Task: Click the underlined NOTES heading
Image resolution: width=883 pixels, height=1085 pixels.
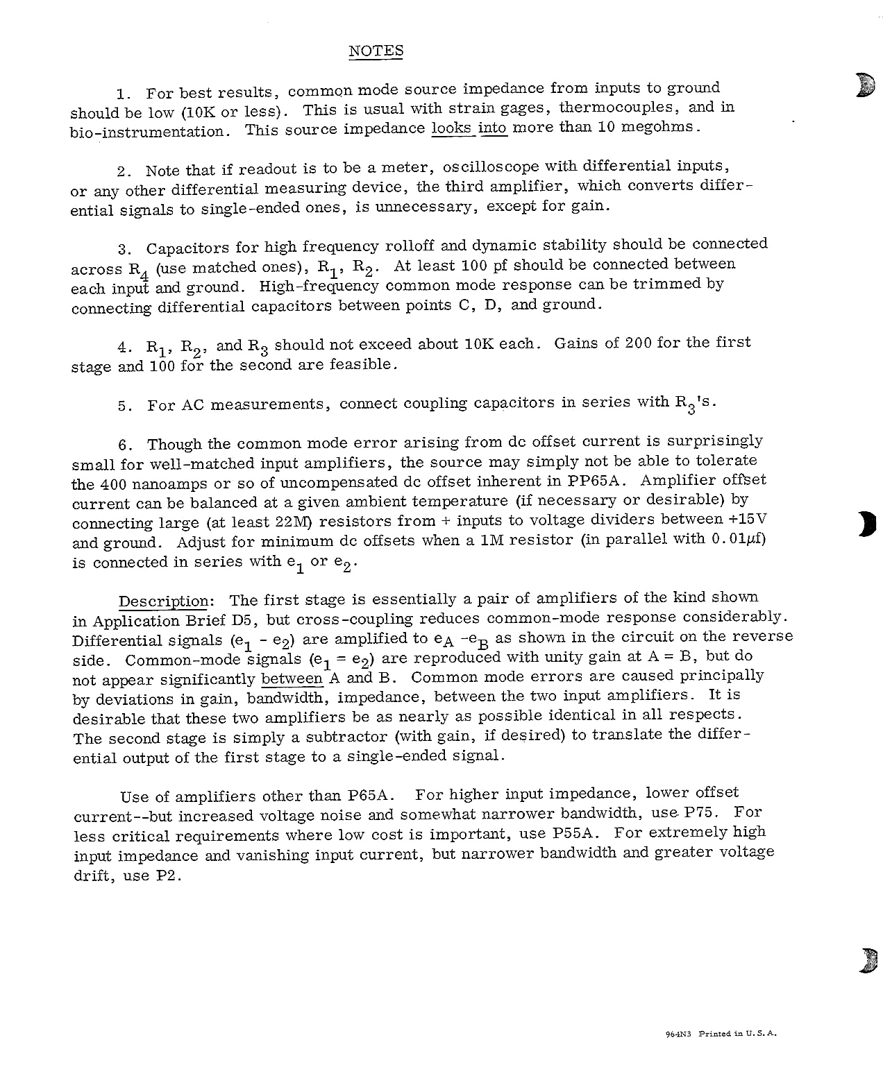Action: click(376, 51)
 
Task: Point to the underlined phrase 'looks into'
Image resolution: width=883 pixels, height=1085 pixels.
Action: click(469, 128)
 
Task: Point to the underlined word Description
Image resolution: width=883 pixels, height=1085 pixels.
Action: click(163, 601)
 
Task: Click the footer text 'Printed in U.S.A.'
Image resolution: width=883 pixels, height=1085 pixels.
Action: click(737, 1034)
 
